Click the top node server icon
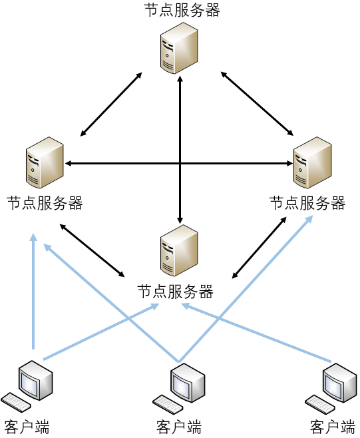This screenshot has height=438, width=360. click(179, 48)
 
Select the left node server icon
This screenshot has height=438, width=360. click(45, 162)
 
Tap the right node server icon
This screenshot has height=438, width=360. click(313, 162)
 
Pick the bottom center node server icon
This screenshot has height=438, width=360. click(179, 250)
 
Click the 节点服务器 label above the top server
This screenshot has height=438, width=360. click(182, 11)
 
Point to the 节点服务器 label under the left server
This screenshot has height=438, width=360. click(45, 203)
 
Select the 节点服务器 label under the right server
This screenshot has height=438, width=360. click(307, 203)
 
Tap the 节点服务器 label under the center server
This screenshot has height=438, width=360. click(176, 292)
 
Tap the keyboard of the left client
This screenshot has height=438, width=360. click(16, 402)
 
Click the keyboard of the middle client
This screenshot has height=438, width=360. click(168, 405)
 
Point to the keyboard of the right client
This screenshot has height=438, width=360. click(320, 405)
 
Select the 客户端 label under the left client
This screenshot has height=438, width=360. click(27, 427)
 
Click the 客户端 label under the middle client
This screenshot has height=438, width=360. click(179, 427)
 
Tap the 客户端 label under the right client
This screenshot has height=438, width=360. click(332, 427)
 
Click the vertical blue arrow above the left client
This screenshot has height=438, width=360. click(33, 292)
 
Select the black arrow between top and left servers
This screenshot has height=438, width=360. click(111, 105)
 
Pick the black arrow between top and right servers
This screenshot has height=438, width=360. click(257, 104)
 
